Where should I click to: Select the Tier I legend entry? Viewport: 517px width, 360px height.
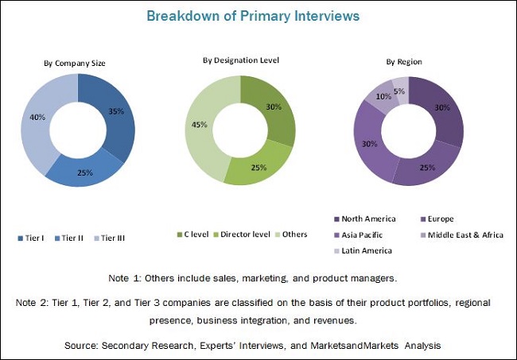tap(31, 237)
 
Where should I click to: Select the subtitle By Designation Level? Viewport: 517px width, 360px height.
tap(241, 60)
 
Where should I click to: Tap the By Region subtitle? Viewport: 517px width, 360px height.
tap(404, 61)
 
